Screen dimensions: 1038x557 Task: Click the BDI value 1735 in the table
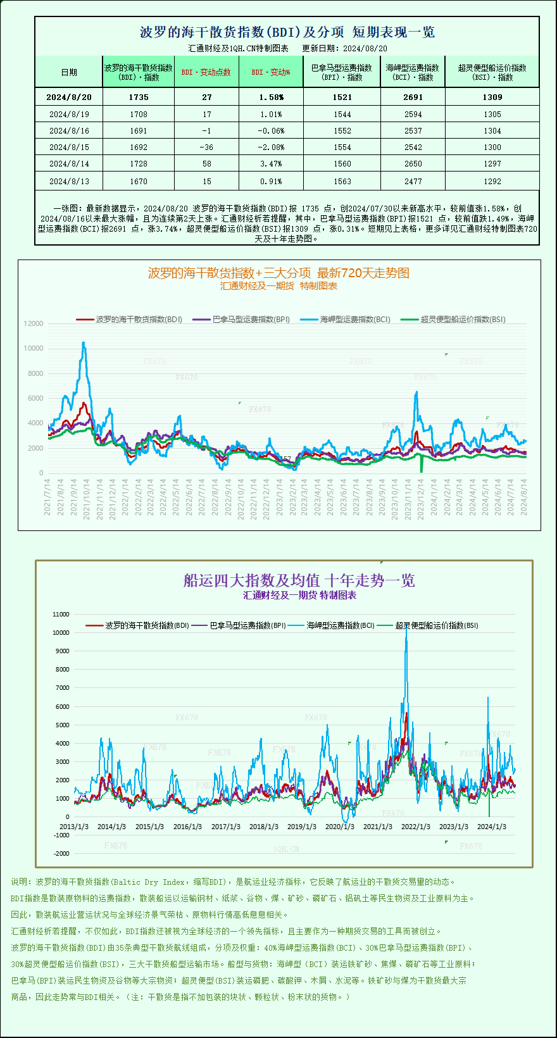coord(138,97)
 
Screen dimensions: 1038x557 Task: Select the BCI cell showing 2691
coord(413,97)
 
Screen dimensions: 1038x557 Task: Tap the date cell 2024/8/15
coord(69,147)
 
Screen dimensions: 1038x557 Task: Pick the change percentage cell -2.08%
coord(271,147)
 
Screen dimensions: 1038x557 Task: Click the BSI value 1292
coord(492,182)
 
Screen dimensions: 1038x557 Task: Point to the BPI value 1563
coord(342,182)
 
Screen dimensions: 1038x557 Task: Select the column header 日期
coord(69,72)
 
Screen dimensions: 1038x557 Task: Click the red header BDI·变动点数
coord(206,72)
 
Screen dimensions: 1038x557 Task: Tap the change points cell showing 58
coord(206,164)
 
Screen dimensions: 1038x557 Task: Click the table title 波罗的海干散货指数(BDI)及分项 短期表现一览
coord(287,32)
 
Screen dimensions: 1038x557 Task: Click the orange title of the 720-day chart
coord(278,273)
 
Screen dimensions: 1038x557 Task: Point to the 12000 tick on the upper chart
coord(34,323)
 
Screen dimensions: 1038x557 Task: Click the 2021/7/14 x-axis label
coord(47,497)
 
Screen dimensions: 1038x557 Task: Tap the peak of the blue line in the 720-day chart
coord(84,342)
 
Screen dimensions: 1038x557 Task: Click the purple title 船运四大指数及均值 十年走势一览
coord(299,580)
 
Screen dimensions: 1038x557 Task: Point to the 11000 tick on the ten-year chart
coord(61,614)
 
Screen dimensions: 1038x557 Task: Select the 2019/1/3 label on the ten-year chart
coord(301,827)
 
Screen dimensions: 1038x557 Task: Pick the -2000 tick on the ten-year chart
coord(61,853)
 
